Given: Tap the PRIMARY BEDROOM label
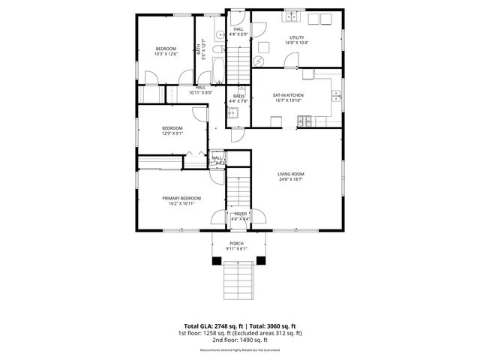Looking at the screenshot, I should (x=181, y=198).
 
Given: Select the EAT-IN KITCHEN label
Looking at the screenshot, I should (x=288, y=95).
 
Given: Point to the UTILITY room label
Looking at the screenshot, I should (x=297, y=37).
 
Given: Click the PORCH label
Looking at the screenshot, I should (x=236, y=243).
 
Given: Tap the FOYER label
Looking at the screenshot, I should (x=240, y=214).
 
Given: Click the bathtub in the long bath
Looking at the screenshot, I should (x=217, y=68).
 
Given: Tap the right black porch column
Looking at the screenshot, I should (x=261, y=259).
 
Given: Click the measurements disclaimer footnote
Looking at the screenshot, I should (x=239, y=350).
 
